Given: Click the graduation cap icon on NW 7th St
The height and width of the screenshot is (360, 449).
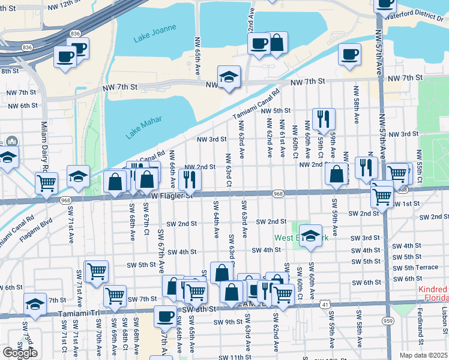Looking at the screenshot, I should pos(229,77).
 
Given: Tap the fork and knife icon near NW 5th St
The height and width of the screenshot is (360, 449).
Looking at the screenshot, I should pos(324,119).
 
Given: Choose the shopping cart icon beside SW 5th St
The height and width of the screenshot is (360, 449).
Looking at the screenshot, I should pos(96,271).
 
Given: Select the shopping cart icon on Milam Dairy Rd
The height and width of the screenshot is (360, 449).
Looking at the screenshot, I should pos(47,183).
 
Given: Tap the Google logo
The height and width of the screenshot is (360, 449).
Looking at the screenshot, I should pos(20,353).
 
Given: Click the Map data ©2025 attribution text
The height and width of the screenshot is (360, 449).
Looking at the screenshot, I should pos(423,355).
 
